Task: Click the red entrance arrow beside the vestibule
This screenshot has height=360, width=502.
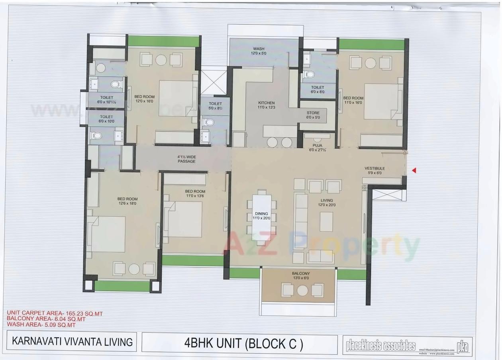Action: point(414,170)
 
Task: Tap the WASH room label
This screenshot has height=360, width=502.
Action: point(259,49)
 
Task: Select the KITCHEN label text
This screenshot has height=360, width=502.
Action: point(266,103)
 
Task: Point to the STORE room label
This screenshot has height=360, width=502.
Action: point(313,113)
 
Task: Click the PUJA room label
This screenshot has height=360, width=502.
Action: point(318,145)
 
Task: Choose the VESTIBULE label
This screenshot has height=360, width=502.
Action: point(375,168)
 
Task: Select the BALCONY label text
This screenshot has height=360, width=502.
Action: point(300,274)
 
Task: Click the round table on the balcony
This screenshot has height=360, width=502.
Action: point(302,291)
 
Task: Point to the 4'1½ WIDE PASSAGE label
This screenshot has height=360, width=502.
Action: point(186,159)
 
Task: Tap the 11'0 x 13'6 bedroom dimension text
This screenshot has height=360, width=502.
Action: point(195,196)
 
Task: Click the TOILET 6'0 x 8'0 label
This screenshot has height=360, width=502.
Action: point(318,89)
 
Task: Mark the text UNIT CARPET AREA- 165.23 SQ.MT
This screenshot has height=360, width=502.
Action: point(52,314)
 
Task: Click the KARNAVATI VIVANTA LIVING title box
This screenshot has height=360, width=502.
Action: point(73,342)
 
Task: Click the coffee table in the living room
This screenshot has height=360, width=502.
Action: point(326,222)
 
